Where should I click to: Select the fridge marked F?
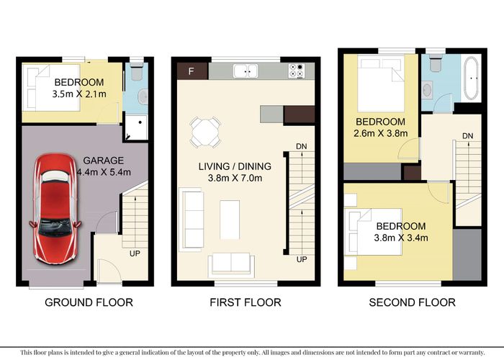click(192, 71)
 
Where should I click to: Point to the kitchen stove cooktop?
click(296, 71)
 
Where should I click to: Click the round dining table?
click(204, 132)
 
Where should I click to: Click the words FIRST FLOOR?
click(245, 302)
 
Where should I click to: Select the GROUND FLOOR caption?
click(89, 302)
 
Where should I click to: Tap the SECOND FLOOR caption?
click(412, 302)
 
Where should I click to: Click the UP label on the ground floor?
click(134, 253)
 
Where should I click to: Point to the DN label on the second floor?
click(467, 136)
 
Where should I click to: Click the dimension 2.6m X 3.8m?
click(381, 132)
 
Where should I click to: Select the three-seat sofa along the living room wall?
click(192, 210)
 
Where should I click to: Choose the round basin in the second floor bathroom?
click(427, 90)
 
